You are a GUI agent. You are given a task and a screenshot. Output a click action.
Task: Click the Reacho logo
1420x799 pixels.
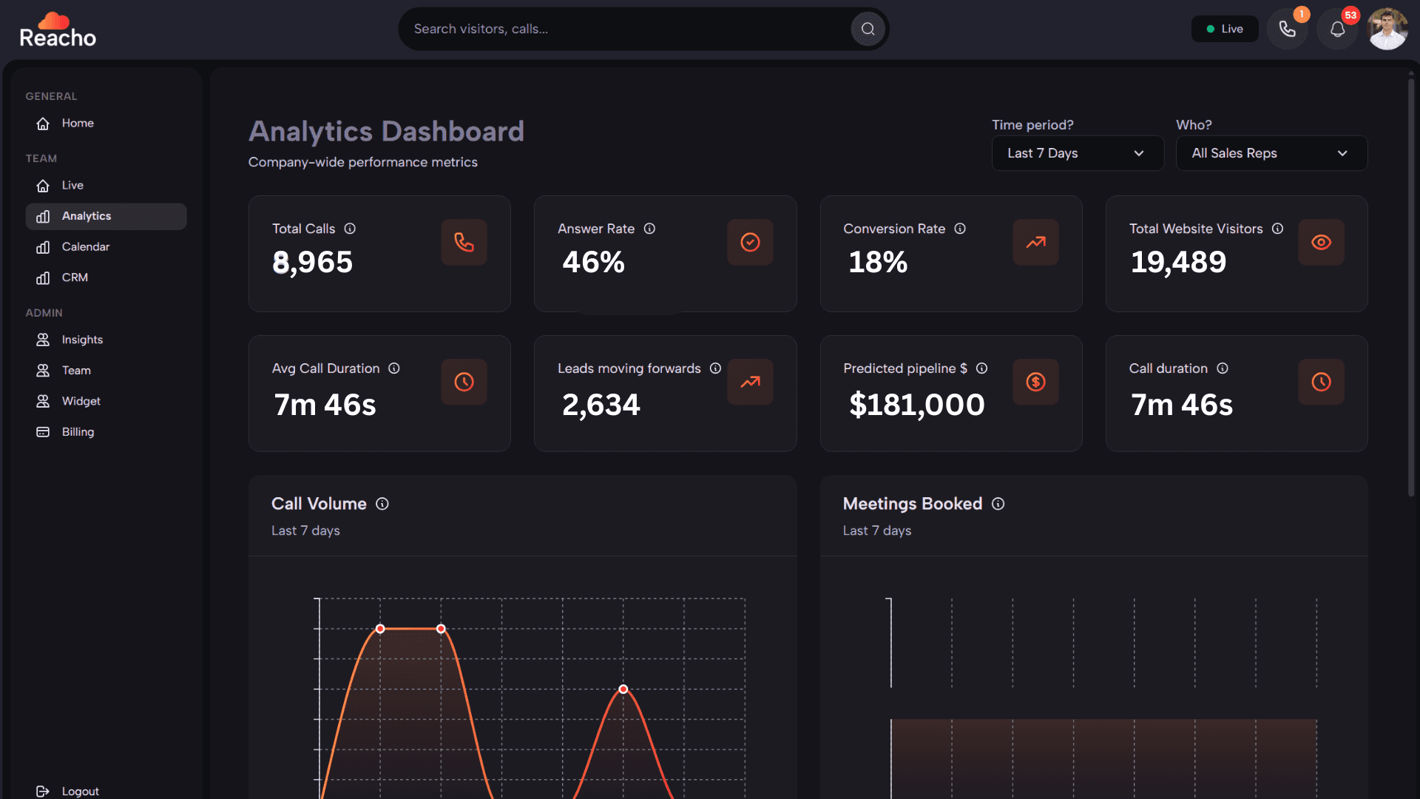(58, 30)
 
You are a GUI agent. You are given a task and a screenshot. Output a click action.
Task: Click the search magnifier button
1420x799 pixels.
(868, 29)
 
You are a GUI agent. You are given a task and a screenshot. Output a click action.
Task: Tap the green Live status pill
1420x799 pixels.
(1224, 29)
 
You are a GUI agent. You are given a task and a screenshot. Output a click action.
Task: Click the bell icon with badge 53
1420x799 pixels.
(1337, 30)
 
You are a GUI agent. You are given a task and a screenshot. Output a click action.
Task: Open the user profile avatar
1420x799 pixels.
(1387, 30)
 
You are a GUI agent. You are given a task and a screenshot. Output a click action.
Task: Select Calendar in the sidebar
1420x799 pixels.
(85, 247)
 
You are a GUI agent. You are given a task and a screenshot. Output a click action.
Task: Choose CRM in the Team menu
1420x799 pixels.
(75, 277)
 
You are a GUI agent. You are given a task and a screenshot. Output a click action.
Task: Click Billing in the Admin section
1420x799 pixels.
(78, 432)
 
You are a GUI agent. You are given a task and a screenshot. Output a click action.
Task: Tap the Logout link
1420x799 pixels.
(80, 791)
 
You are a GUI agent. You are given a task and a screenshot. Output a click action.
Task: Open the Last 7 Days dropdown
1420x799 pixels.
(1077, 153)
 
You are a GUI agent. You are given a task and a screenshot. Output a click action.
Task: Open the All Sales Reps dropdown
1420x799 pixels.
(1271, 153)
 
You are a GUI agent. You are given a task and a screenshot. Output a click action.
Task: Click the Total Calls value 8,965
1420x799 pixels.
(312, 263)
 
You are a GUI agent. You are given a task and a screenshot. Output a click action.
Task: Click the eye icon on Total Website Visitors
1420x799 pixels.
(1321, 243)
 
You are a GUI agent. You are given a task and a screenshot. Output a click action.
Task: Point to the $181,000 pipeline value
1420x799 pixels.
(916, 405)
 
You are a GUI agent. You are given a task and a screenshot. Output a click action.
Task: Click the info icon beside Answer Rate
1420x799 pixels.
(649, 229)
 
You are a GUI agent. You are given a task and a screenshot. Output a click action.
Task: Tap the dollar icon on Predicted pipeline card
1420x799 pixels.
(1035, 382)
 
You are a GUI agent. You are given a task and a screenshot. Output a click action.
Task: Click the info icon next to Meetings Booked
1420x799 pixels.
(998, 505)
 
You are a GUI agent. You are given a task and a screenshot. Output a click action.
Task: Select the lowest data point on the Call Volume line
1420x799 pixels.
(623, 690)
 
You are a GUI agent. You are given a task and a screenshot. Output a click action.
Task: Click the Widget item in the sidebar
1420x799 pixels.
(81, 401)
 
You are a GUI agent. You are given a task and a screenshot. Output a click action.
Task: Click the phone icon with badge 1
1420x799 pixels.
(1287, 30)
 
